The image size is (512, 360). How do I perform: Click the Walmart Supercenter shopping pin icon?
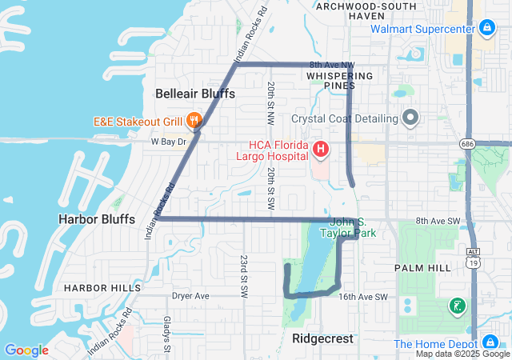tap(487, 30)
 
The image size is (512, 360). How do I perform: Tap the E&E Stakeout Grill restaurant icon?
tap(194, 122)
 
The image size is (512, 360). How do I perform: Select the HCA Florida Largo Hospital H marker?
tap(321, 149)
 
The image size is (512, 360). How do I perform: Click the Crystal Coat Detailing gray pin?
tap(410, 118)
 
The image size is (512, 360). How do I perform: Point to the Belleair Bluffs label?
tap(195, 94)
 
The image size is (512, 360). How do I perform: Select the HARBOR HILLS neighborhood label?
tap(102, 287)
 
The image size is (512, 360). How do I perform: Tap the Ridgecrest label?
tap(322, 338)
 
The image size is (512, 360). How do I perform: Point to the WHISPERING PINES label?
tap(340, 80)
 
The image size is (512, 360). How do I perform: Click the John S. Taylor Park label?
tap(353, 228)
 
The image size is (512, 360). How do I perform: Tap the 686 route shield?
tap(467, 143)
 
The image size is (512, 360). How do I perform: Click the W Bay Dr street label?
tap(168, 142)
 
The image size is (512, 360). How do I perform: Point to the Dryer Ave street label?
tap(190, 296)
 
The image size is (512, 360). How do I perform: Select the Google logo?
tap(26, 350)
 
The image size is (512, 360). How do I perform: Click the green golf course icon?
tap(456, 306)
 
